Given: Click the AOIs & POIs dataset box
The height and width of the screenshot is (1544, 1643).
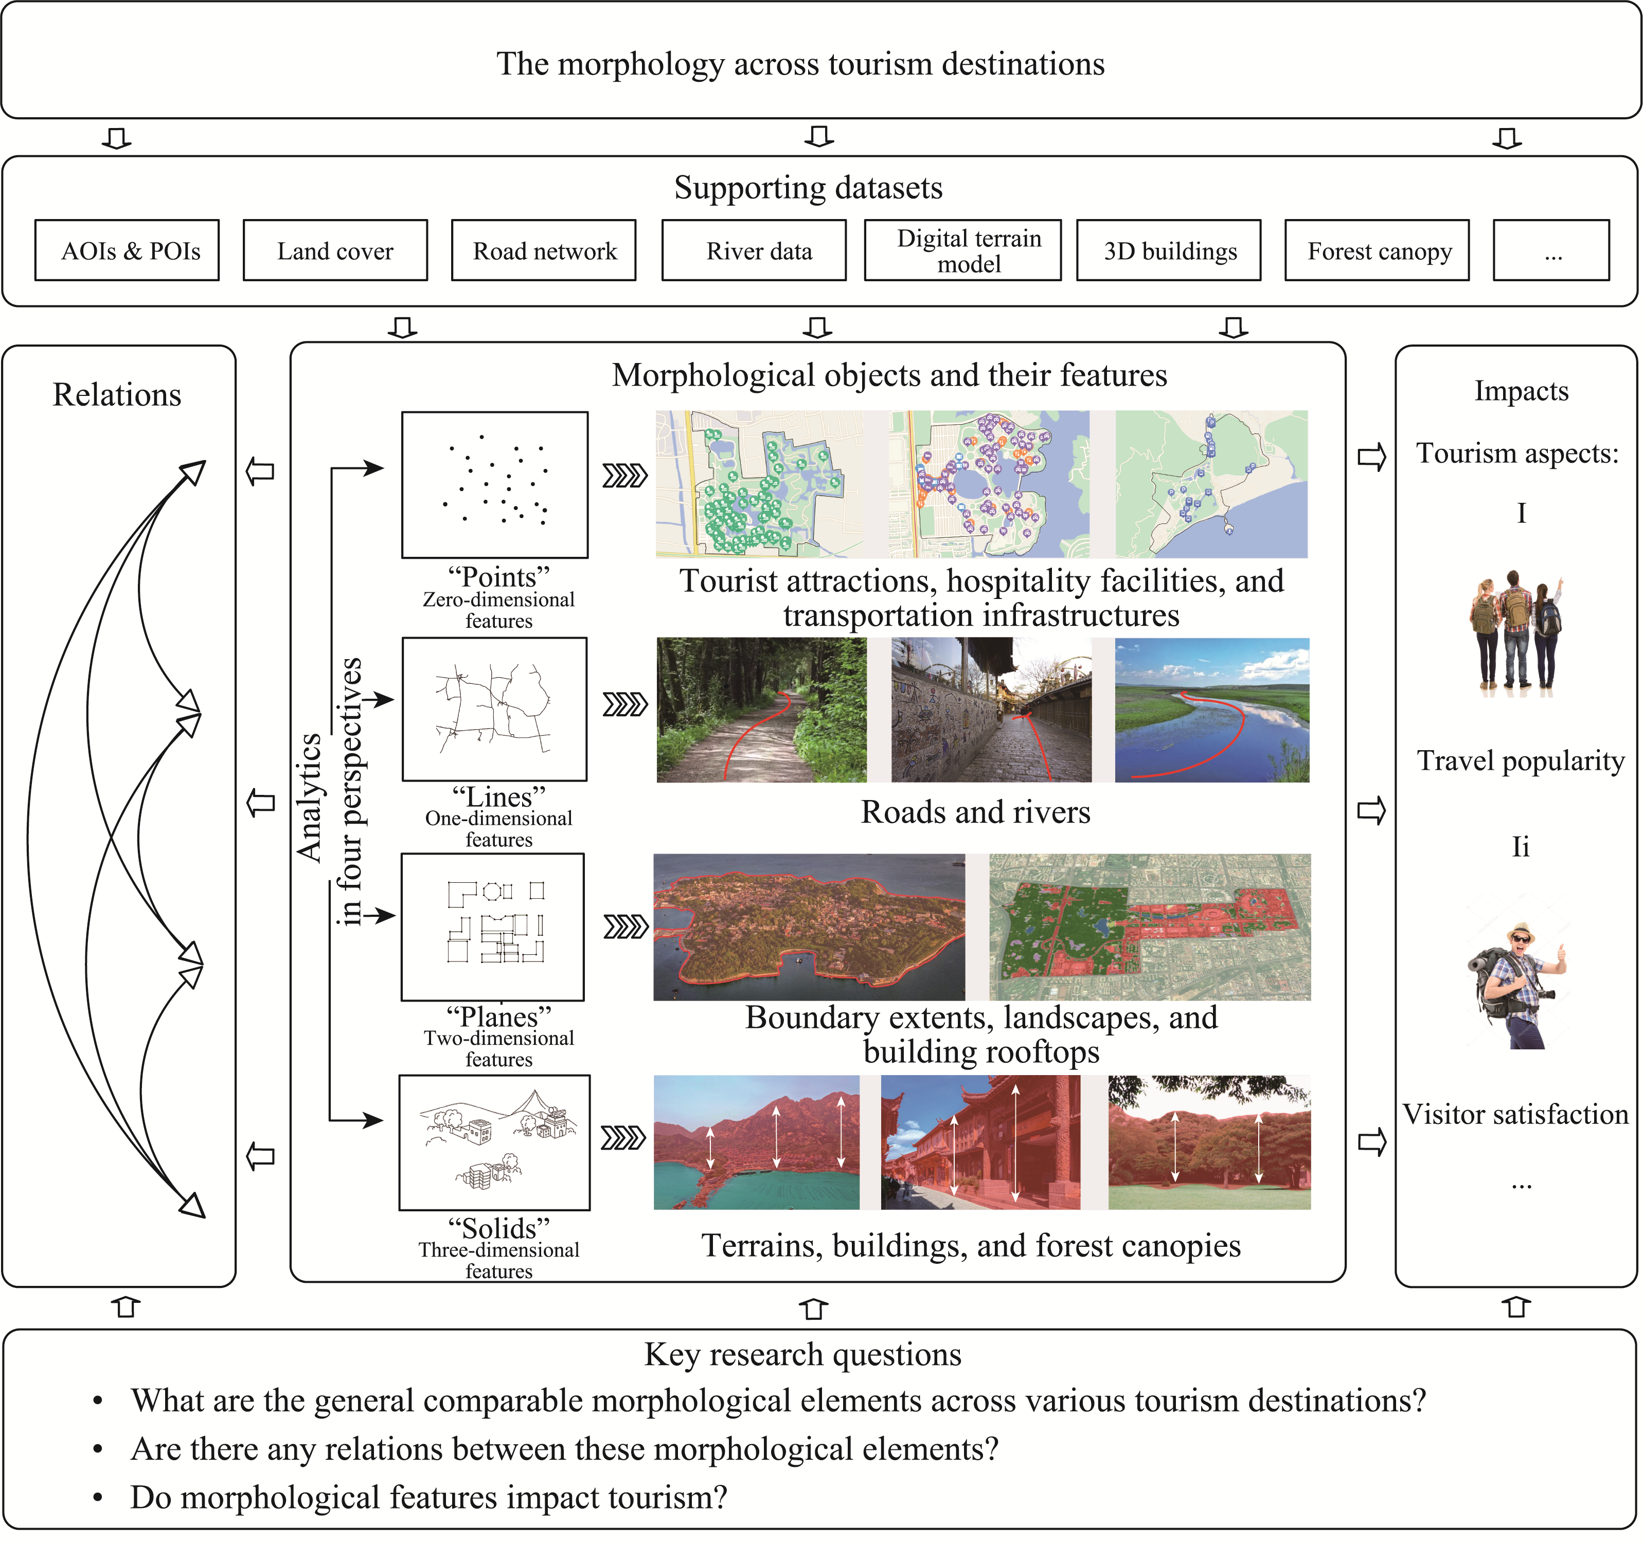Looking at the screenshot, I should [127, 250].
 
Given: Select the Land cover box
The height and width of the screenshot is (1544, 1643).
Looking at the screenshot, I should [335, 250].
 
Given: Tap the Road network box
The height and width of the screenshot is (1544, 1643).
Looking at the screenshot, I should [544, 250].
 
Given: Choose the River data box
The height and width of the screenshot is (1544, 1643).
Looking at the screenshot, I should [754, 250].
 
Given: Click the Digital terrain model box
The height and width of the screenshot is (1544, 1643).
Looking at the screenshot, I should [963, 250].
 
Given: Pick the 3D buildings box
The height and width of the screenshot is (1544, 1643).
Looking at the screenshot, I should [1169, 250].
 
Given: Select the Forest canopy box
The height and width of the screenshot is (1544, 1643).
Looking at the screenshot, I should [1377, 250].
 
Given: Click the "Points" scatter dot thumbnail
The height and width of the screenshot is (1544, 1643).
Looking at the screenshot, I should [495, 485].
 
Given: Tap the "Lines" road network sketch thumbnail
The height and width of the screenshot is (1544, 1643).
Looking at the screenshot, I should [494, 709].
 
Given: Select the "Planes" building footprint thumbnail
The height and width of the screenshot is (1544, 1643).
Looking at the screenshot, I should [493, 927].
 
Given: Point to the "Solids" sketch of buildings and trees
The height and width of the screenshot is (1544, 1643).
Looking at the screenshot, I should [494, 1142].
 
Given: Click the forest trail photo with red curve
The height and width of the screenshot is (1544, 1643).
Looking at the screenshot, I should [761, 710].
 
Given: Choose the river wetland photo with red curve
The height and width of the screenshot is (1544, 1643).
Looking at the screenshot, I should [1211, 710].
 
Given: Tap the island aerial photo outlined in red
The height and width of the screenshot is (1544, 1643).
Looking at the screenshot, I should [808, 927].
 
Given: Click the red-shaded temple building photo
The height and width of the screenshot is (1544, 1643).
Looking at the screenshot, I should [980, 1142].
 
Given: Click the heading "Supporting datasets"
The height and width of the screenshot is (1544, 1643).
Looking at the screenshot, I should [808, 188].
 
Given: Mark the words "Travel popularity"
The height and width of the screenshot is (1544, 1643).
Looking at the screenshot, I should [1521, 760].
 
